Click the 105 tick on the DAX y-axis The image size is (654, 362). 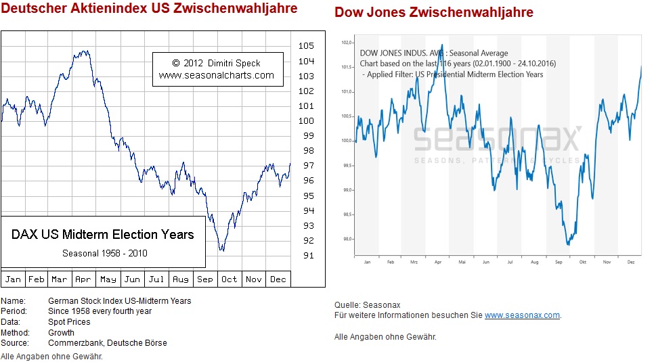pyautogui.click(x=305, y=46)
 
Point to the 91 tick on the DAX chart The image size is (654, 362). pyautogui.click(x=305, y=255)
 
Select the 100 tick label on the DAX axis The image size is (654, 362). pyautogui.click(x=305, y=120)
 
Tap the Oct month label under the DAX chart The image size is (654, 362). pyautogui.click(x=230, y=279)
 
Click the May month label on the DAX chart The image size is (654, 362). pyautogui.click(x=108, y=279)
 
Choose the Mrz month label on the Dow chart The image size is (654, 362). pyautogui.click(x=414, y=261)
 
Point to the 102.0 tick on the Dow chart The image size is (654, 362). pyautogui.click(x=347, y=43)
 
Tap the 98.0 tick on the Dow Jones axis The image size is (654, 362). pyautogui.click(x=347, y=239)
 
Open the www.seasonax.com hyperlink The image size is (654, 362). pyautogui.click(x=522, y=315)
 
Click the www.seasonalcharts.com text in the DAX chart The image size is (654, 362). pyautogui.click(x=217, y=75)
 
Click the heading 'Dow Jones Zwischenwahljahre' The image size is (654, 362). pyautogui.click(x=434, y=13)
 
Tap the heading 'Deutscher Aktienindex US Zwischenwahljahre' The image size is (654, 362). pyautogui.click(x=149, y=9)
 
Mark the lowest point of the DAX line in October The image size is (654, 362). pyautogui.click(x=221, y=250)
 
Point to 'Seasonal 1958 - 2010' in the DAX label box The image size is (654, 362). pyautogui.click(x=105, y=253)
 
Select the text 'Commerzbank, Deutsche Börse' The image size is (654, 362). pyautogui.click(x=108, y=343)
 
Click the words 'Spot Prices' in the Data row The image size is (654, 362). pyautogui.click(x=69, y=322)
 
